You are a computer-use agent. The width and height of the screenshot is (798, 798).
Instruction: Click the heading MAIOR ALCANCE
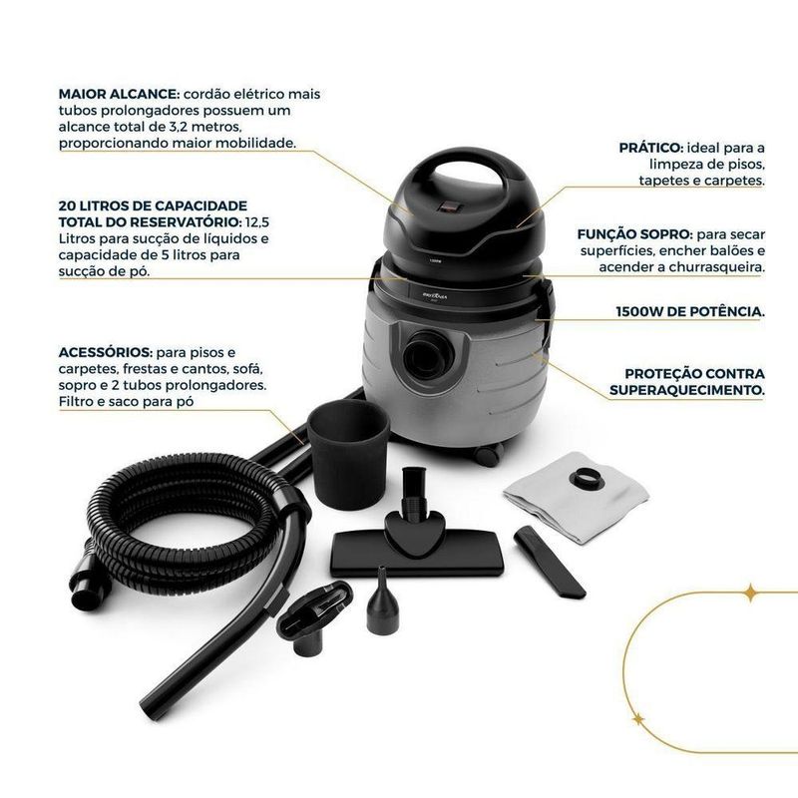[x=119, y=94]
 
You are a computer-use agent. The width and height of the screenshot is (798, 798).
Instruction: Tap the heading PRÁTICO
[x=651, y=148]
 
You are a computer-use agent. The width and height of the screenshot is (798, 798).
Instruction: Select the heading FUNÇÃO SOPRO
[x=634, y=234]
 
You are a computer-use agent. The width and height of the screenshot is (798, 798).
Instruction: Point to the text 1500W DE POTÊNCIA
[x=690, y=312]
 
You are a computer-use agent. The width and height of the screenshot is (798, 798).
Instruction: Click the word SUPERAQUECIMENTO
[x=687, y=390]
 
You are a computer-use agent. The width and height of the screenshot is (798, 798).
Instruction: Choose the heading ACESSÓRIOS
[x=106, y=352]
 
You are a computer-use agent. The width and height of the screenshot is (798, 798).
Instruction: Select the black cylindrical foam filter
[x=348, y=454]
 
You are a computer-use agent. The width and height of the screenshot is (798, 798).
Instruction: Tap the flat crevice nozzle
[x=550, y=562]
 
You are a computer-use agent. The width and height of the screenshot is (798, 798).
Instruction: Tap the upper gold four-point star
[x=750, y=593]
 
